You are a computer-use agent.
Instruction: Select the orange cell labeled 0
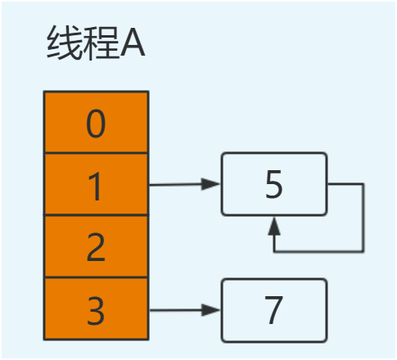pyautogui.click(x=96, y=122)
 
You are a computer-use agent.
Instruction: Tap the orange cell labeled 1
pyautogui.click(x=96, y=185)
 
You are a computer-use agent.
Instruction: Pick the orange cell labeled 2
pyautogui.click(x=96, y=247)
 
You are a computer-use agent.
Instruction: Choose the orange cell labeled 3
pyautogui.click(x=96, y=308)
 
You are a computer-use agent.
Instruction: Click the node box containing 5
pyautogui.click(x=273, y=184)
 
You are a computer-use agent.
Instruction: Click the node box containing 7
pyautogui.click(x=273, y=309)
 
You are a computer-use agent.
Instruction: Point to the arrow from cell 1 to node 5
pyautogui.click(x=184, y=185)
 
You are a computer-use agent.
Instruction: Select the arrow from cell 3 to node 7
pyautogui.click(x=184, y=310)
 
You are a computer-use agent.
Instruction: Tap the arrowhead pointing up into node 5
pyautogui.click(x=275, y=223)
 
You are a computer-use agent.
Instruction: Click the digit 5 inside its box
pyautogui.click(x=274, y=185)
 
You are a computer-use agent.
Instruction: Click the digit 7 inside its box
pyautogui.click(x=274, y=309)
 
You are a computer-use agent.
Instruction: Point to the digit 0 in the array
pyautogui.click(x=96, y=124)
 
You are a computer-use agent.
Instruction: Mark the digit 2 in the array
pyautogui.click(x=96, y=248)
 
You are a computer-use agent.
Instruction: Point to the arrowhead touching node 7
pyautogui.click(x=214, y=310)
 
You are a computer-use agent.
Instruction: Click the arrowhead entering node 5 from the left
pyautogui.click(x=214, y=185)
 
